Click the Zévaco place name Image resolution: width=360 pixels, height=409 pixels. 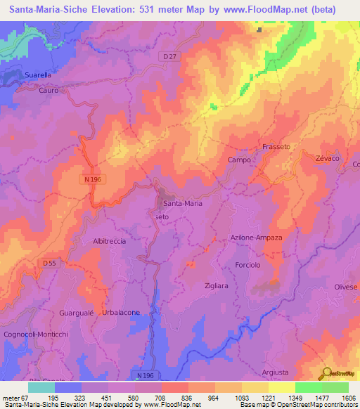(328, 160)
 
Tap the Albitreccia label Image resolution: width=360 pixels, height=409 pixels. (110, 241)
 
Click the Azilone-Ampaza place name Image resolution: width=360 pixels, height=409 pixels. (257, 238)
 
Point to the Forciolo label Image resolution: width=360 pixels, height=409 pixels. (248, 266)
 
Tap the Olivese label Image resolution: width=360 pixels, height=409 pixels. (345, 287)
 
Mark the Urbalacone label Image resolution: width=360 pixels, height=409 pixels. (121, 312)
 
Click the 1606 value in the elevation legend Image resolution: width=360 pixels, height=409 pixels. (348, 398)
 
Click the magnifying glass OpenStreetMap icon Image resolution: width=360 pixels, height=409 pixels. (326, 373)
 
